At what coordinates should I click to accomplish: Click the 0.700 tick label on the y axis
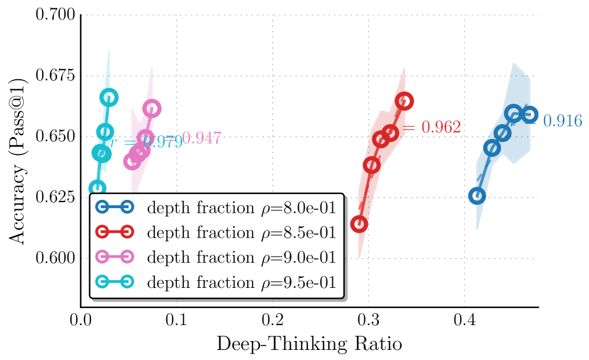[56, 15]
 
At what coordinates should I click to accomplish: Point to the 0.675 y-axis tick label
[56, 76]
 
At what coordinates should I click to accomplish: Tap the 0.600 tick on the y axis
[56, 258]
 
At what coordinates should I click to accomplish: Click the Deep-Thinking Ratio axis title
[309, 343]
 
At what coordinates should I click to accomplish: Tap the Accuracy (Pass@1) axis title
[19, 160]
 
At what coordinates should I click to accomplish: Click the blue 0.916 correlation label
[562, 121]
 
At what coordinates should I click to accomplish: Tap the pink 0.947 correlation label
[201, 138]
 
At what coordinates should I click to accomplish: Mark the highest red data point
[404, 101]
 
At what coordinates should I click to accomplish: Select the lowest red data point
[359, 224]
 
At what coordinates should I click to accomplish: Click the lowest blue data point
[477, 196]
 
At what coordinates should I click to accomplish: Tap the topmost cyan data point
[109, 98]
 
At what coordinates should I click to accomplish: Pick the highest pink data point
[152, 108]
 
